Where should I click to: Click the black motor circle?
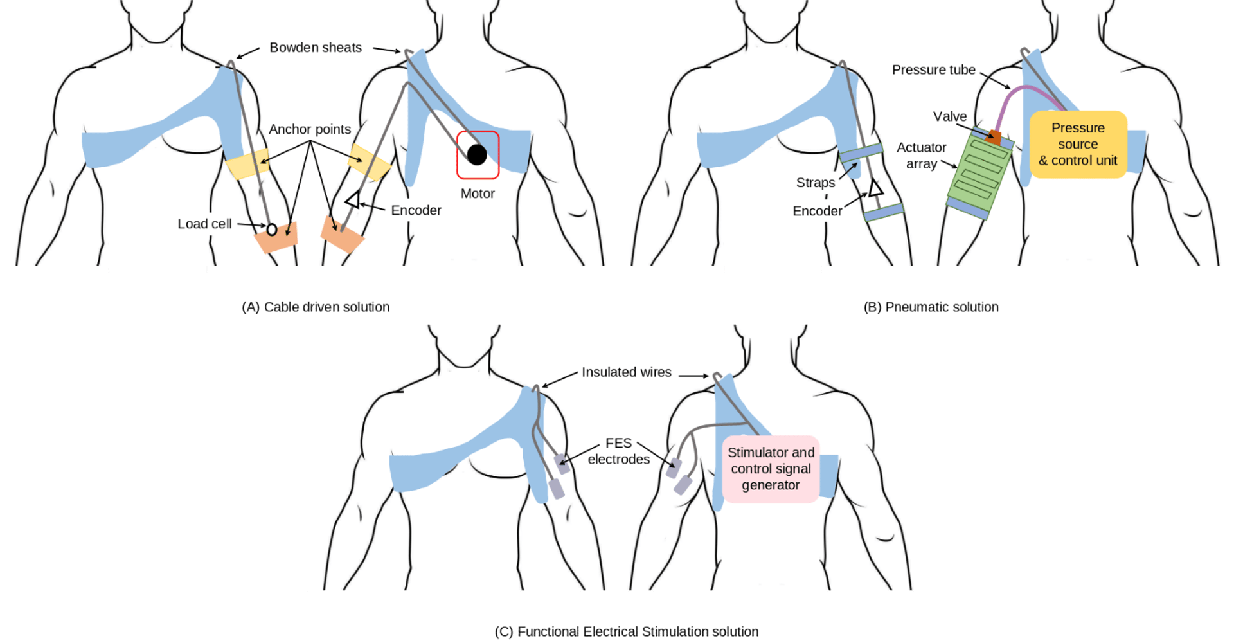coord(477,154)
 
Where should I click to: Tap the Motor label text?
coord(478,194)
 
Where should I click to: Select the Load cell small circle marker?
coord(272,230)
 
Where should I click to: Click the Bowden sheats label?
coord(316,48)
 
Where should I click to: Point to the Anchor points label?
coord(310,129)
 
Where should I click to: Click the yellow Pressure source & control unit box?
coord(1078,145)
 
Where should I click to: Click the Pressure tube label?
coord(933,69)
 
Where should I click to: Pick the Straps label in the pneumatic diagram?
coord(816,183)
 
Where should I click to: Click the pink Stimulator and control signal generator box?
coord(771,469)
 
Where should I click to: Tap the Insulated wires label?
coord(626,372)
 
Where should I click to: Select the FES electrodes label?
coord(618,451)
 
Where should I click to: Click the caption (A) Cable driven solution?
coord(316,307)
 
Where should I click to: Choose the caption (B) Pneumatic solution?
coord(931,307)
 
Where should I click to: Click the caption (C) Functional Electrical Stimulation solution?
coord(627,632)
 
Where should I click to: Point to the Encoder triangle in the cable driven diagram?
coord(352,200)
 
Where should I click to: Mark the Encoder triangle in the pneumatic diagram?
coord(875,188)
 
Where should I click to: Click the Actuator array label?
coord(922,156)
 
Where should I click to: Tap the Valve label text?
coord(950,116)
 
